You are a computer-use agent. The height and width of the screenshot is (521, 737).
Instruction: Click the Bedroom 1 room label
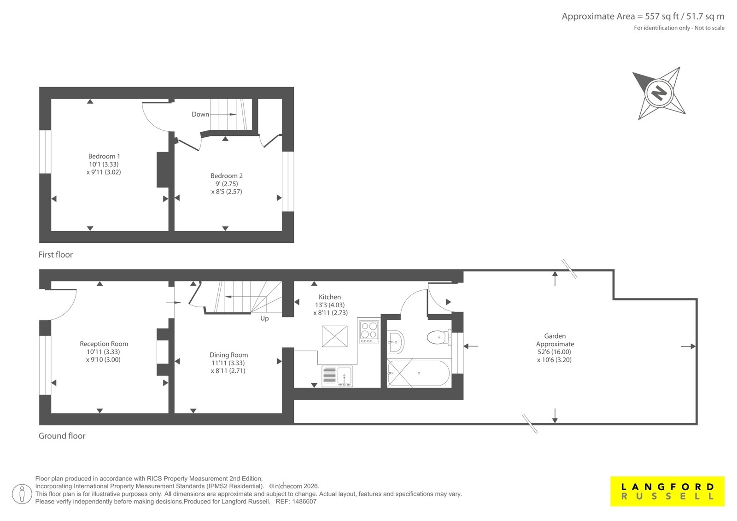pyautogui.click(x=104, y=156)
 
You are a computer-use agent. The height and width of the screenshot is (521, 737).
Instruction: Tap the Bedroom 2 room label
pyautogui.click(x=226, y=176)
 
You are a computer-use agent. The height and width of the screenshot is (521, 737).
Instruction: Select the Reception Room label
pyautogui.click(x=104, y=344)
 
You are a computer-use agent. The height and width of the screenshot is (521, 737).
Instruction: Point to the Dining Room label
pyautogui.click(x=228, y=355)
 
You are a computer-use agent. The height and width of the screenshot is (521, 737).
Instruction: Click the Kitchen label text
pyautogui.click(x=330, y=297)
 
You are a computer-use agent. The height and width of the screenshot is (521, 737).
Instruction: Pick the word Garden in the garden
pyautogui.click(x=555, y=336)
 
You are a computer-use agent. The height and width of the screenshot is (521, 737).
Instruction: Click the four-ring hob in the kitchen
pyautogui.click(x=369, y=330)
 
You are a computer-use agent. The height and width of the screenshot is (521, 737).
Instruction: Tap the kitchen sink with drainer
pyautogui.click(x=337, y=376)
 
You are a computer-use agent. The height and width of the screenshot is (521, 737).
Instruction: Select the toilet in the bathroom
pyautogui.click(x=439, y=337)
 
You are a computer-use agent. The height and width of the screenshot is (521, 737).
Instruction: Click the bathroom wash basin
pyautogui.click(x=395, y=342)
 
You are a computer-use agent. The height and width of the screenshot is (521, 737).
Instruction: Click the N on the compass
pyautogui.click(x=659, y=93)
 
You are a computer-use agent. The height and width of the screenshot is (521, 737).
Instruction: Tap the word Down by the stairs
pyautogui.click(x=200, y=115)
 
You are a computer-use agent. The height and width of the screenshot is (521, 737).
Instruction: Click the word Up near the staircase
pyautogui.click(x=264, y=319)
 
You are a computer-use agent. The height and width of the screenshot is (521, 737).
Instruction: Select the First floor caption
pyautogui.click(x=56, y=255)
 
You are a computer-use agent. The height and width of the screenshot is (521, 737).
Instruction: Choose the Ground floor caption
pyautogui.click(x=62, y=436)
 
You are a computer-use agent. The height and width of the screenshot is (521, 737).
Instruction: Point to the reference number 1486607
pyautogui.click(x=304, y=502)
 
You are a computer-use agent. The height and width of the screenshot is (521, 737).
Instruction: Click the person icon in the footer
pyautogui.click(x=22, y=494)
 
